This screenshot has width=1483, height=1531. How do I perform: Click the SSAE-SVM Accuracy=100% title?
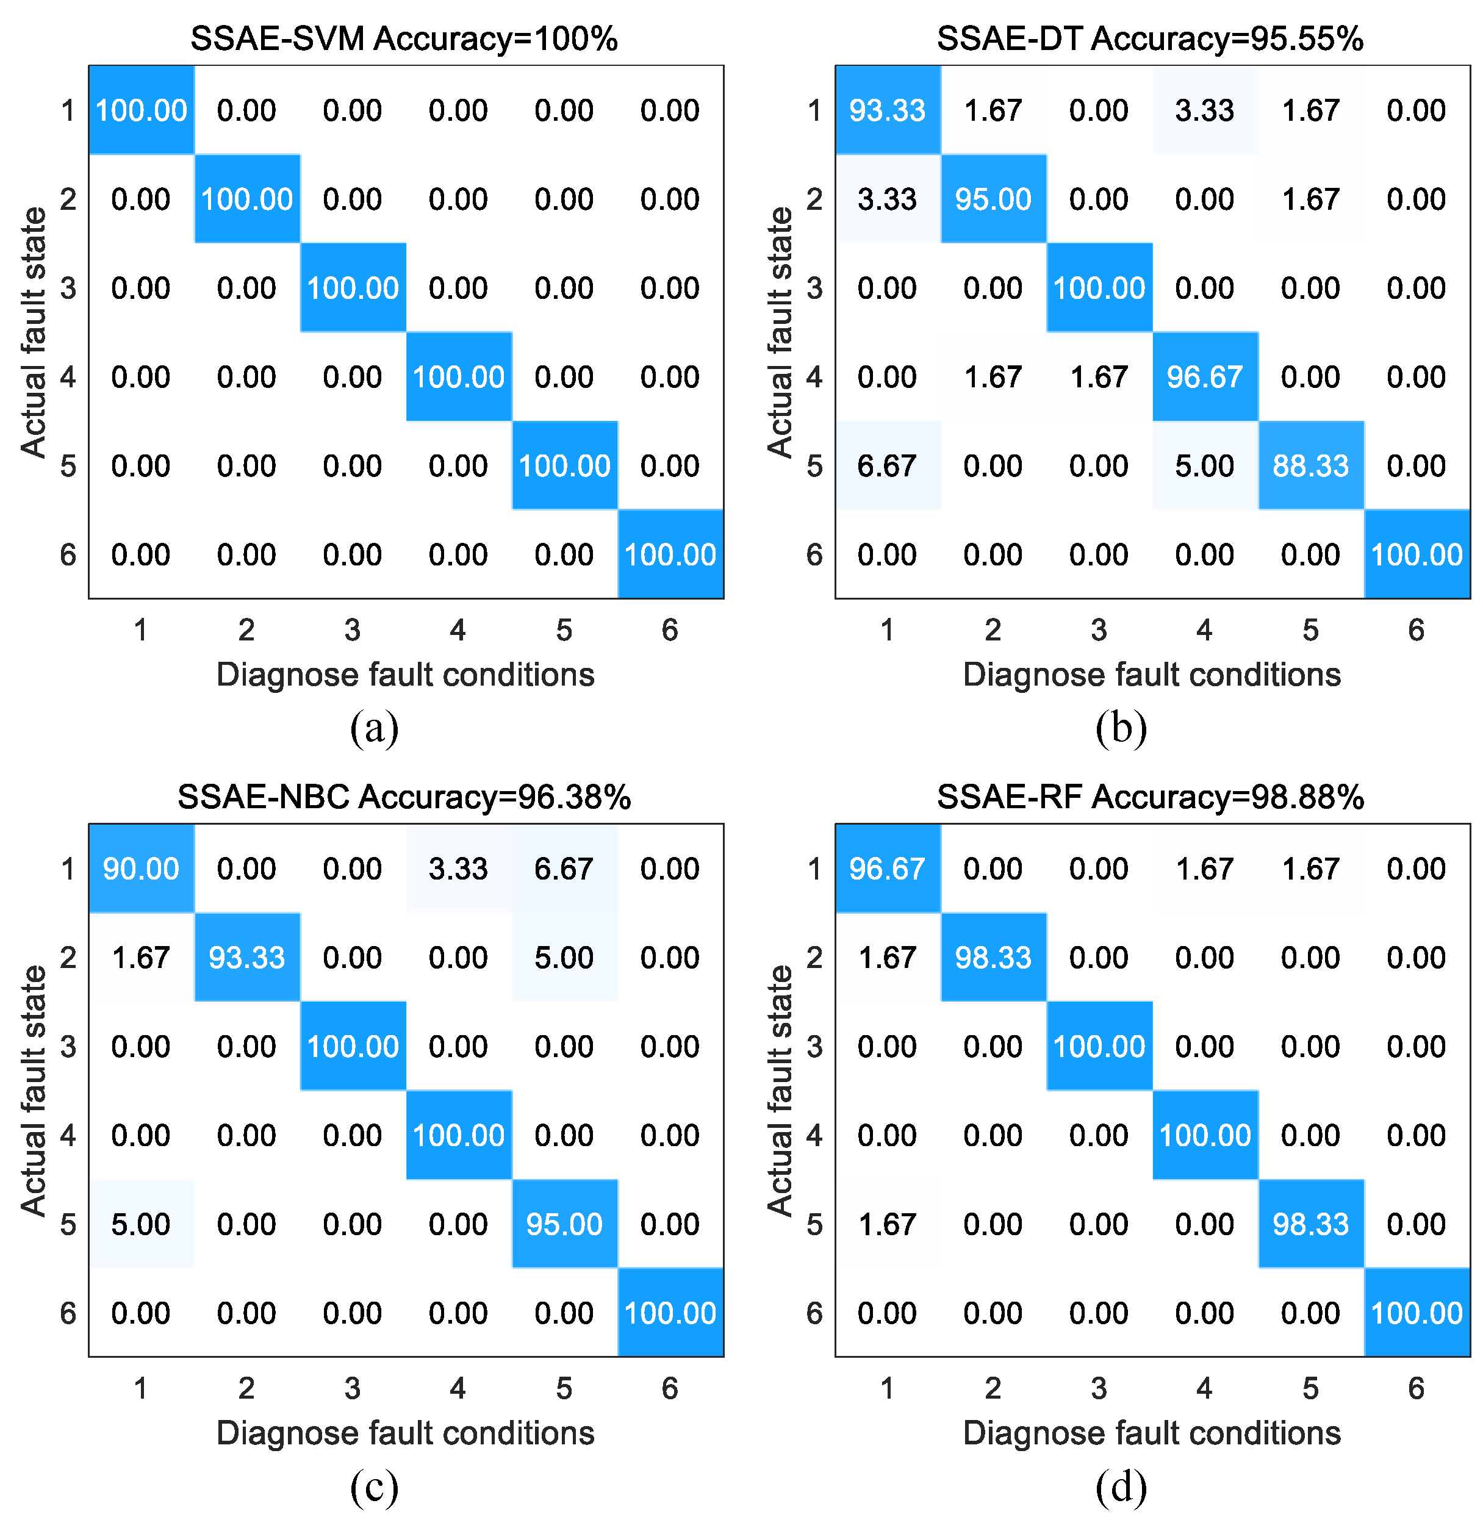click(x=404, y=38)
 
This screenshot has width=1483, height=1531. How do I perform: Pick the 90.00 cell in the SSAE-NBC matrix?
click(x=141, y=869)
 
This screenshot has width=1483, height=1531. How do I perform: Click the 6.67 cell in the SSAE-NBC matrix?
click(x=564, y=869)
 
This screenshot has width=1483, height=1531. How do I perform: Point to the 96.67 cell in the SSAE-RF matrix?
click(x=887, y=869)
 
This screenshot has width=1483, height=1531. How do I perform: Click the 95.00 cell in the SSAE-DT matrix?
click(x=993, y=199)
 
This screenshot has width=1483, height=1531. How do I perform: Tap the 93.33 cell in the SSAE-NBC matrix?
click(x=246, y=958)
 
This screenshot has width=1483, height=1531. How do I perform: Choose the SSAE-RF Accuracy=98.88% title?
click(x=1150, y=797)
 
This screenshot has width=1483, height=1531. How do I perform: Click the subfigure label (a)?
click(x=375, y=728)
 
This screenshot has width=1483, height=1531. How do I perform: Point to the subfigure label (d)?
click(x=1121, y=1486)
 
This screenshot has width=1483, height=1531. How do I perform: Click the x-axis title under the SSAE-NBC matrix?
click(x=404, y=1433)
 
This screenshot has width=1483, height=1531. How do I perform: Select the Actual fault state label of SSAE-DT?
click(x=780, y=332)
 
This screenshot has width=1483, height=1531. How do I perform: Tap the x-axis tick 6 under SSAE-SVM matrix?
click(x=670, y=629)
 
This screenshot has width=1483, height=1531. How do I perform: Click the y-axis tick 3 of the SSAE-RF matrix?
click(x=814, y=1047)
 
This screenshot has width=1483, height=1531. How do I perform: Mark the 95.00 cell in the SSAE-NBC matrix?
click(x=564, y=1224)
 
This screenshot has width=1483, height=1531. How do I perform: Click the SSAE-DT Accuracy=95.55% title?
click(x=1150, y=38)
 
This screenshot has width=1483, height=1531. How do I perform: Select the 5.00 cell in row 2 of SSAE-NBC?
click(x=564, y=958)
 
